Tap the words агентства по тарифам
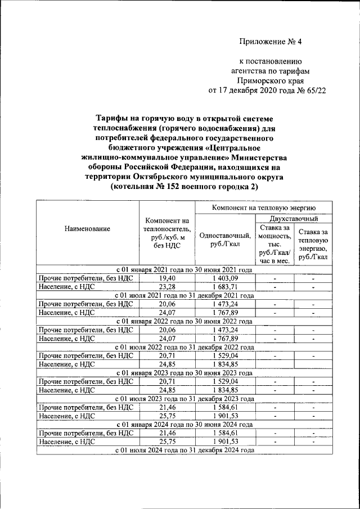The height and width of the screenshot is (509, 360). [267, 71]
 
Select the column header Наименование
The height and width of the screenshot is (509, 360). [87, 229]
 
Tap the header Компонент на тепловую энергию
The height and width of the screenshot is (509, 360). [263, 208]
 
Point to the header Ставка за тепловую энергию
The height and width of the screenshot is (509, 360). [313, 244]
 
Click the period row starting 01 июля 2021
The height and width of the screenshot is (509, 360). [184, 295]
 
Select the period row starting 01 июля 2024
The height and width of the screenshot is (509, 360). [184, 450]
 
